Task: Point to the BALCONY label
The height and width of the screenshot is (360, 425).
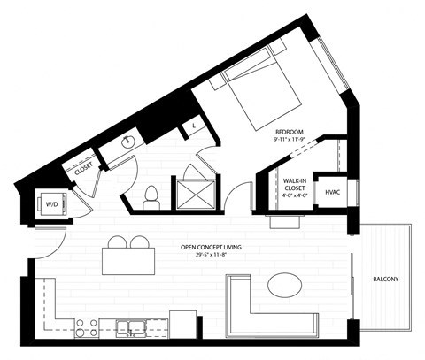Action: point(386,280)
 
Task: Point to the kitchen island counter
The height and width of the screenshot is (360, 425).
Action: point(127,262)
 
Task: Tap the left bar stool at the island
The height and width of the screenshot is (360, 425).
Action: point(116,242)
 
